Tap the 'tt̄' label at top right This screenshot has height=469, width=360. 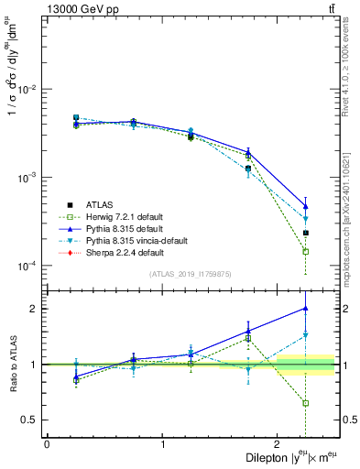329,8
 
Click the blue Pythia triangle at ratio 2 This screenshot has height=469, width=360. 305,309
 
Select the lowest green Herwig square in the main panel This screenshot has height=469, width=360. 305,251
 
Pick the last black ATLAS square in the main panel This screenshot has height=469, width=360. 305,233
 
